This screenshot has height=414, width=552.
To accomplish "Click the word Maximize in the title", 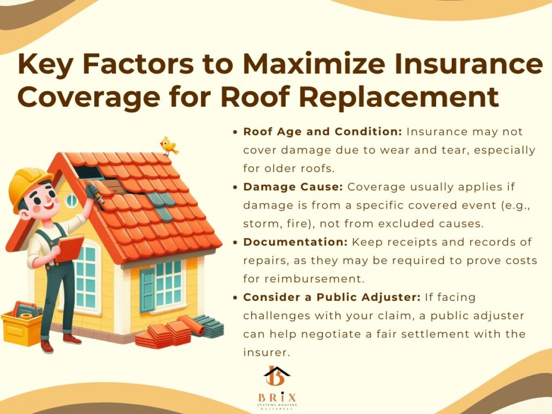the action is pos(314,64).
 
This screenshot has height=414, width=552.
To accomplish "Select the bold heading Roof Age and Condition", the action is pos(322,132).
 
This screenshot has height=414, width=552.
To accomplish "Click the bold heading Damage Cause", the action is pos(293,187).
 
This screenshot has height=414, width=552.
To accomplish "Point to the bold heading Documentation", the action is pos(295,242).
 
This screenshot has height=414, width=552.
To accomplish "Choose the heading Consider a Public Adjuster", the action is pos(332,297).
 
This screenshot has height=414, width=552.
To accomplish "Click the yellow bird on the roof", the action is pos(169,146).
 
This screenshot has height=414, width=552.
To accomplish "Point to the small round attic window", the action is pos(72,201).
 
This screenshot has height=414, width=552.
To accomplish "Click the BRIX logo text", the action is pos(277,398).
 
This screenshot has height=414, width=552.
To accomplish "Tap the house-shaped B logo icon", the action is pos(277,376).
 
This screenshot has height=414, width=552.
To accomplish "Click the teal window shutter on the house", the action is pos(148,291).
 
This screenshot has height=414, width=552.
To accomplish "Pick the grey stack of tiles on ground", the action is pos(210,326).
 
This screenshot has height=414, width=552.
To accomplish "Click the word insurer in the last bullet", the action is pos(266,353).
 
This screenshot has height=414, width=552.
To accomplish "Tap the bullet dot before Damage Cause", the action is pos(236,187).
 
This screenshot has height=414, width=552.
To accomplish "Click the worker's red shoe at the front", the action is pos(47,347).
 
